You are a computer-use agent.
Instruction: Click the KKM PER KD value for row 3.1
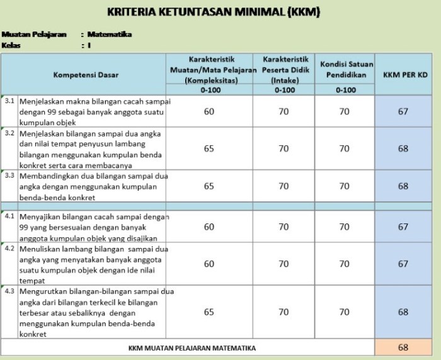pyautogui.click(x=403, y=111)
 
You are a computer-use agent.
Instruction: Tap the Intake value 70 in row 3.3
pyautogui.click(x=284, y=186)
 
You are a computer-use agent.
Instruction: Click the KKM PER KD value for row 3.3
pyautogui.click(x=403, y=186)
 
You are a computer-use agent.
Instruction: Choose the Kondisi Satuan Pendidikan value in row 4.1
pyautogui.click(x=344, y=227)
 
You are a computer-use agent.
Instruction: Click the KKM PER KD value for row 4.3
pyautogui.click(x=403, y=312)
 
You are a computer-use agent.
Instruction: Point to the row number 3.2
pyautogui.click(x=9, y=133)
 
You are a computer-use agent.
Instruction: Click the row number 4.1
pyautogui.click(x=9, y=217)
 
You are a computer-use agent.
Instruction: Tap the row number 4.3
pyautogui.click(x=9, y=291)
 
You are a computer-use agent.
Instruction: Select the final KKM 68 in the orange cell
pyautogui.click(x=403, y=347)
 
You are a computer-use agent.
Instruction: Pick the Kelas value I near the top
pyautogui.click(x=89, y=45)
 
